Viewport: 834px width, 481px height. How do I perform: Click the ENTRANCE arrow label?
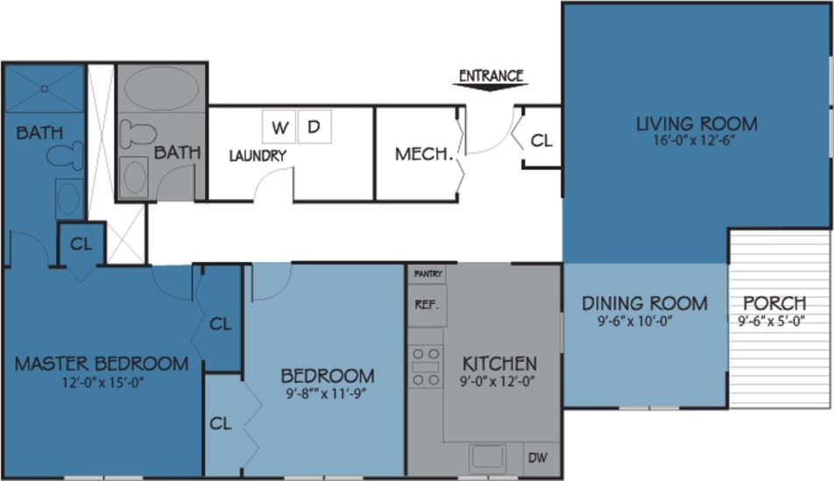[x=491, y=76]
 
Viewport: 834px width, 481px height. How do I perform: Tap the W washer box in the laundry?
[x=279, y=127]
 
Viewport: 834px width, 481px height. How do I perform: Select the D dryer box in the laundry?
[x=315, y=127]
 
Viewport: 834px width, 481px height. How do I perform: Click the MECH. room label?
[x=424, y=155]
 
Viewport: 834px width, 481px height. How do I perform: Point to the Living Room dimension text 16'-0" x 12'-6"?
[x=696, y=140]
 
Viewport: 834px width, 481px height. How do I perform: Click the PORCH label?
[x=774, y=304]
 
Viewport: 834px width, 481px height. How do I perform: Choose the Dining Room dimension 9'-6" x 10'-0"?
[x=633, y=321]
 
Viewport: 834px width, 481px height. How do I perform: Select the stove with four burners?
[x=427, y=366]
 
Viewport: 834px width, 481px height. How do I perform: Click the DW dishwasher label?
[x=537, y=456]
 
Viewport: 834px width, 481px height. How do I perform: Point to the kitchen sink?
[x=485, y=456]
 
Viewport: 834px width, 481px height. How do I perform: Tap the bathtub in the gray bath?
[x=160, y=90]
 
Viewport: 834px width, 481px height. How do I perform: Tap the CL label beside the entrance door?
[x=542, y=139]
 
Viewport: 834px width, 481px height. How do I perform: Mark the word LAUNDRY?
[x=258, y=156]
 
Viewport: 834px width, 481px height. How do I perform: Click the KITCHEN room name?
[x=499, y=363]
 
